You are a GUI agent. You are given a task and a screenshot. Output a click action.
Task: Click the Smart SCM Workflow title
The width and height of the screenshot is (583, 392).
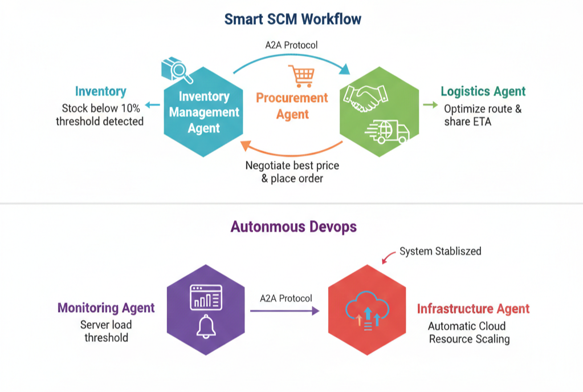[x=292, y=19]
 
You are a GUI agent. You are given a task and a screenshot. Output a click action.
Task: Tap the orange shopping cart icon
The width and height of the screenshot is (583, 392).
[x=300, y=76]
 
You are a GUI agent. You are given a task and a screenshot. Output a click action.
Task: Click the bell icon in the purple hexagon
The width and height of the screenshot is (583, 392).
[x=205, y=328]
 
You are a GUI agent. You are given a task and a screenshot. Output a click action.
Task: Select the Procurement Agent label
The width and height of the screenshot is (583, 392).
[x=292, y=106]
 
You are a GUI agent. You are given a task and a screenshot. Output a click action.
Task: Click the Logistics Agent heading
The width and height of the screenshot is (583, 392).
[x=483, y=91]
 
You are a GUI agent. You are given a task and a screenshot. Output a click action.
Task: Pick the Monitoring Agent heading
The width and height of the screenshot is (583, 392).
[x=106, y=308]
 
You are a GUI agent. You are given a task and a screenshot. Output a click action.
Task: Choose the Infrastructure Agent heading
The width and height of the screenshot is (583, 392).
[x=473, y=309]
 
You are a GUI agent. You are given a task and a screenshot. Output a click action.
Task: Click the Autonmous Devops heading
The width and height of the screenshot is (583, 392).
[x=293, y=227]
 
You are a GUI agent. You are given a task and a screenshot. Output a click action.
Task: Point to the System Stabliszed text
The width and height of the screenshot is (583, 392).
[x=440, y=251]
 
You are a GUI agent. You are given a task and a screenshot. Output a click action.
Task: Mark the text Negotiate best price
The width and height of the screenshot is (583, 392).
[x=292, y=166]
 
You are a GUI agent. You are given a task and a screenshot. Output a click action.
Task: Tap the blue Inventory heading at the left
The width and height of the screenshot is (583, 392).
[x=100, y=91]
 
